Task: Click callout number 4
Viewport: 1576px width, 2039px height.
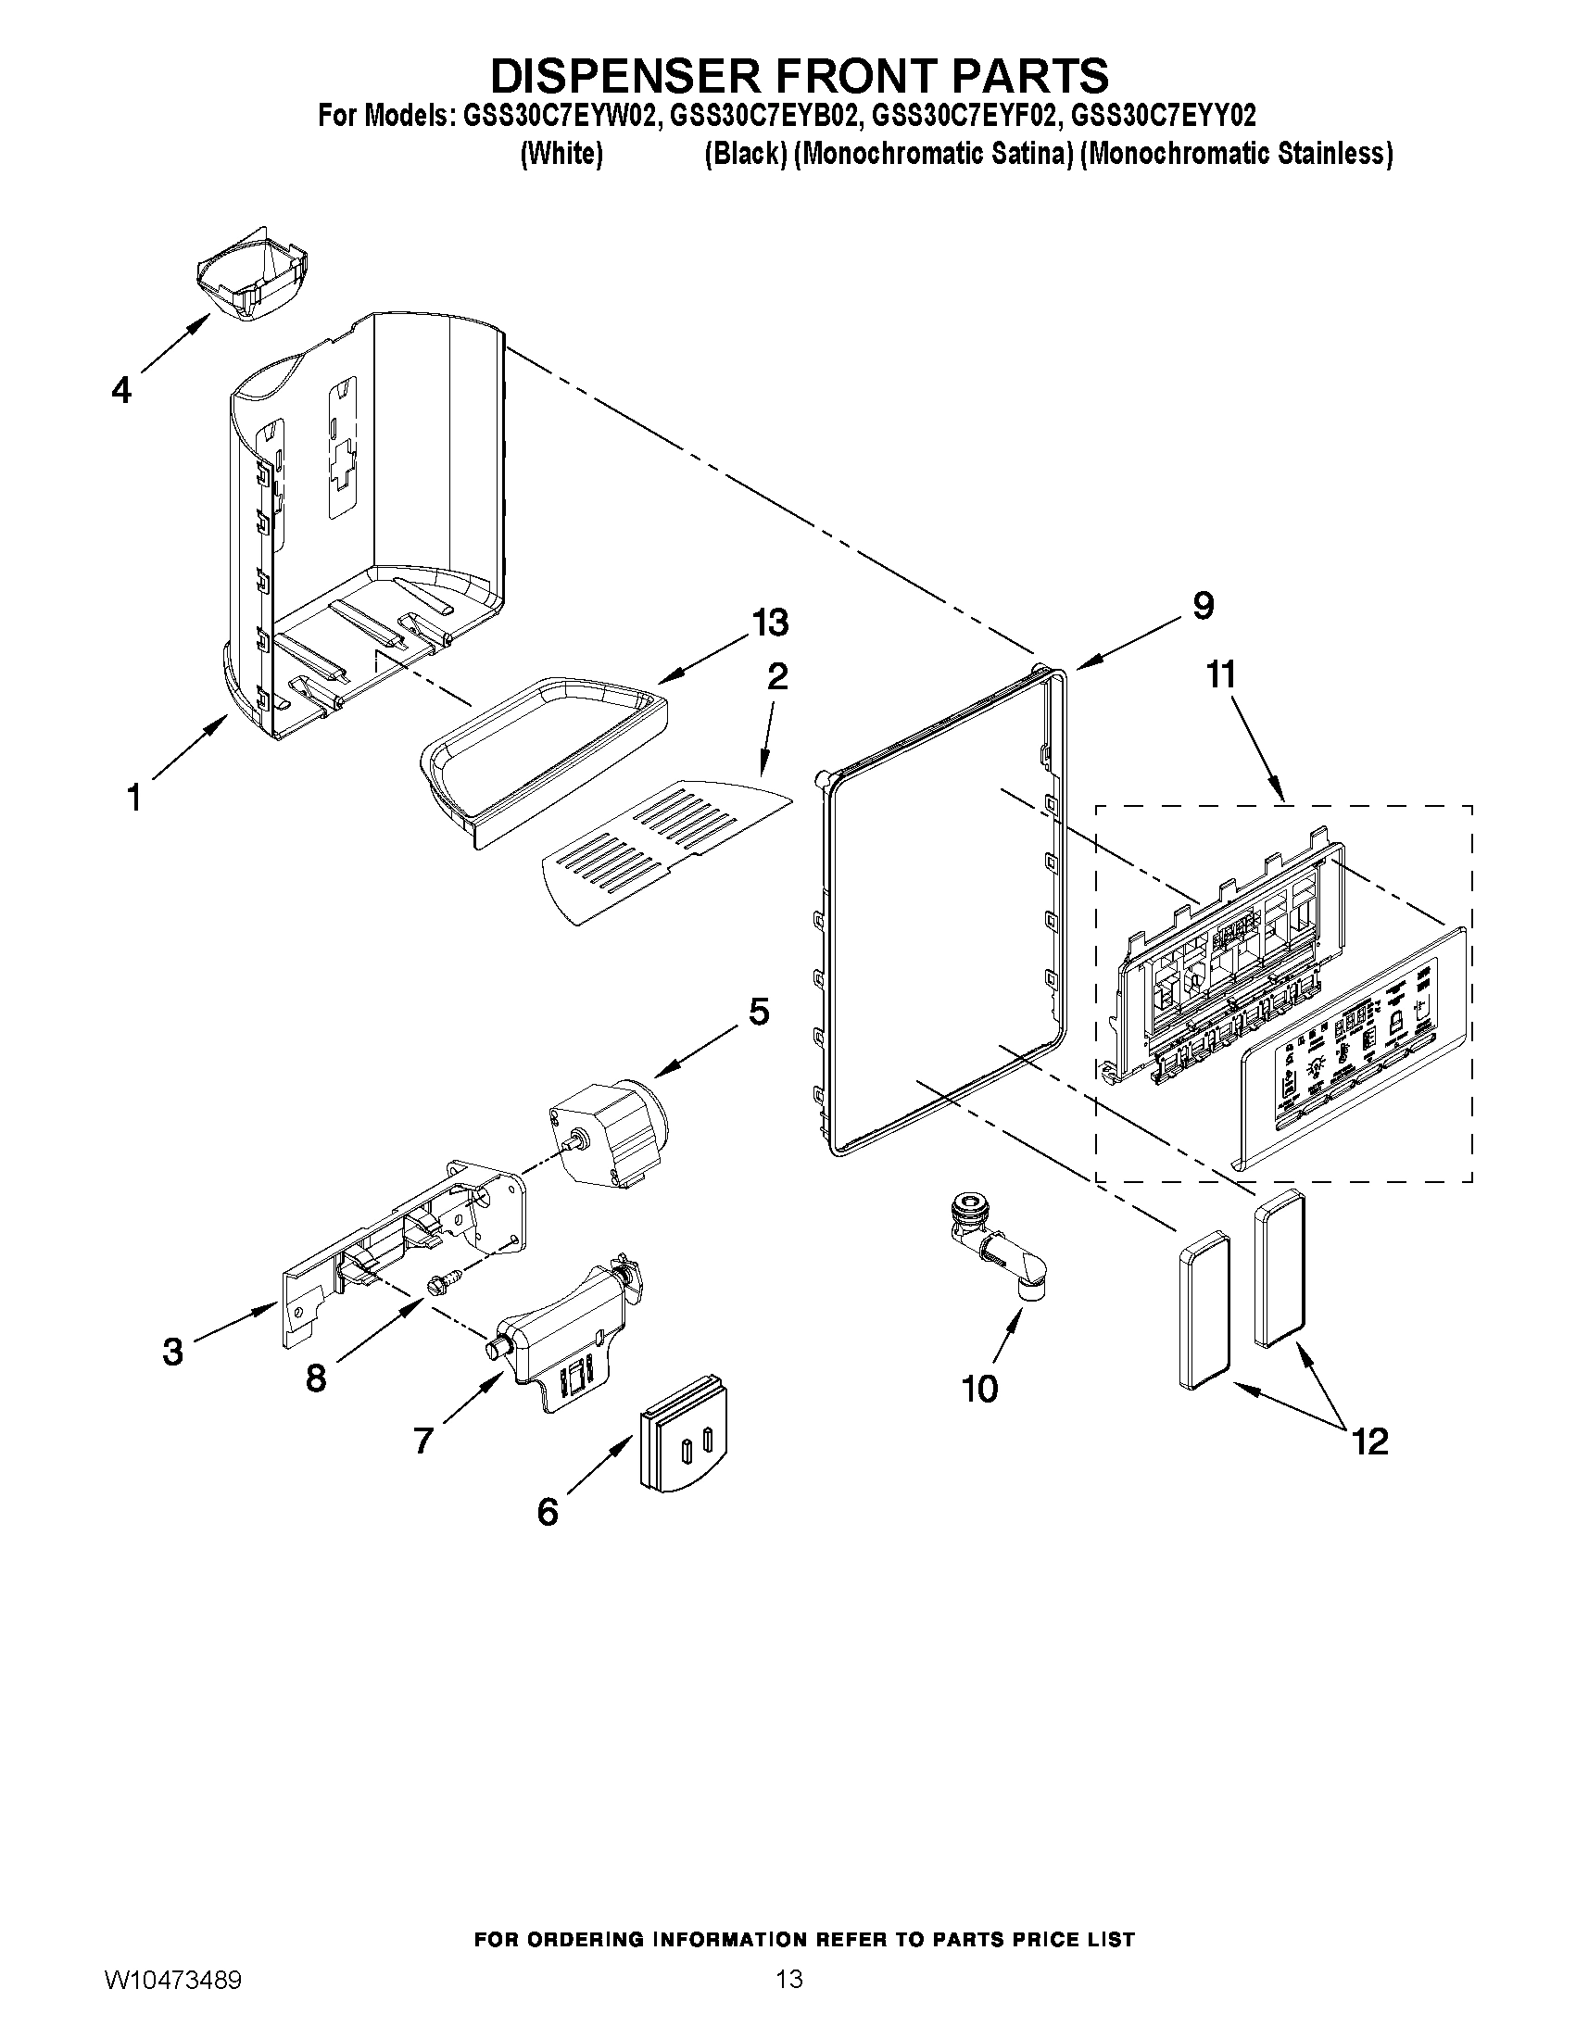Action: click(122, 390)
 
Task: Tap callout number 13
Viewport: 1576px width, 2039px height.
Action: click(771, 622)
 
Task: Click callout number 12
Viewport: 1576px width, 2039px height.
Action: click(1369, 1441)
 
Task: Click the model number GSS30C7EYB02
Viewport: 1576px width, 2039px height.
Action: click(762, 116)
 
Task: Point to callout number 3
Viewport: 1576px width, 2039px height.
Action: click(172, 1352)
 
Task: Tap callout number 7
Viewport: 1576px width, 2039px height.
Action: click(423, 1441)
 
